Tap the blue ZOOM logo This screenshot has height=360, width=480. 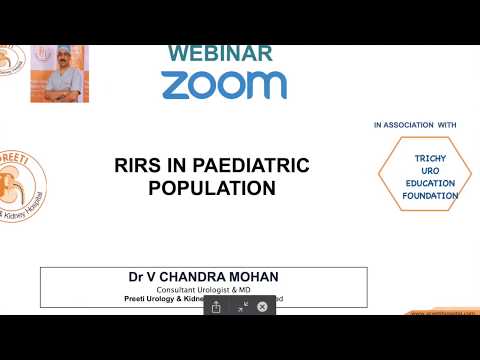224,84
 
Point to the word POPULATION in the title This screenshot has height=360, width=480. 211,187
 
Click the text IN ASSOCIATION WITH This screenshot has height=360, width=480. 415,125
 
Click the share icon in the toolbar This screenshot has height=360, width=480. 216,307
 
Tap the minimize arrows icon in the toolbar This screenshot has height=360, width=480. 241,307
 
